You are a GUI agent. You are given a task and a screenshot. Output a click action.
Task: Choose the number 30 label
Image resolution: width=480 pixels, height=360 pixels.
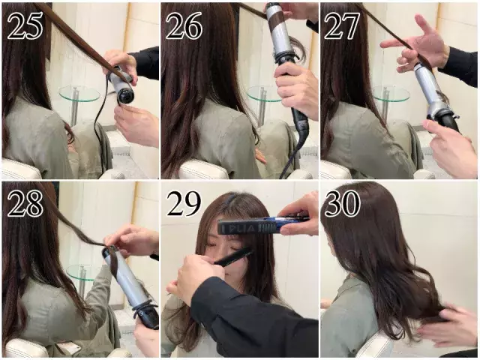342,202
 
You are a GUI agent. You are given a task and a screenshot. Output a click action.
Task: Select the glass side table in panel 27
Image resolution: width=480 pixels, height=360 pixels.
391,94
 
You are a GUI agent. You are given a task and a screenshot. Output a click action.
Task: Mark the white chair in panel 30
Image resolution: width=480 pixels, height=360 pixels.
375,345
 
